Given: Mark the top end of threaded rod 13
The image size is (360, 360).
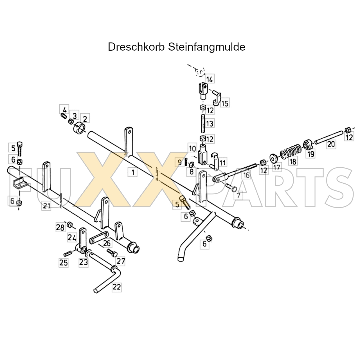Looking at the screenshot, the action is [x=203, y=115].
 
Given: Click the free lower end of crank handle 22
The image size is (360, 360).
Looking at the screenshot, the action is [x=96, y=291].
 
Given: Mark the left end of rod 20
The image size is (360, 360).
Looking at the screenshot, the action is [x=316, y=143].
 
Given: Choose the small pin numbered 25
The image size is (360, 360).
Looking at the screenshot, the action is [x=67, y=254].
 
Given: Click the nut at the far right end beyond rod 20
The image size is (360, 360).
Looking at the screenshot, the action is [x=348, y=130].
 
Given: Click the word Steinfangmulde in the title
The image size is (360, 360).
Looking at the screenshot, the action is [x=207, y=47].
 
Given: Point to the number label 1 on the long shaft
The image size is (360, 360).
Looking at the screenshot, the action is [x=133, y=172].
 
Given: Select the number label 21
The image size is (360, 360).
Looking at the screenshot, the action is [x=46, y=206].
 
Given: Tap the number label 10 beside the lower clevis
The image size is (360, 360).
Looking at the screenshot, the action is [x=192, y=148].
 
